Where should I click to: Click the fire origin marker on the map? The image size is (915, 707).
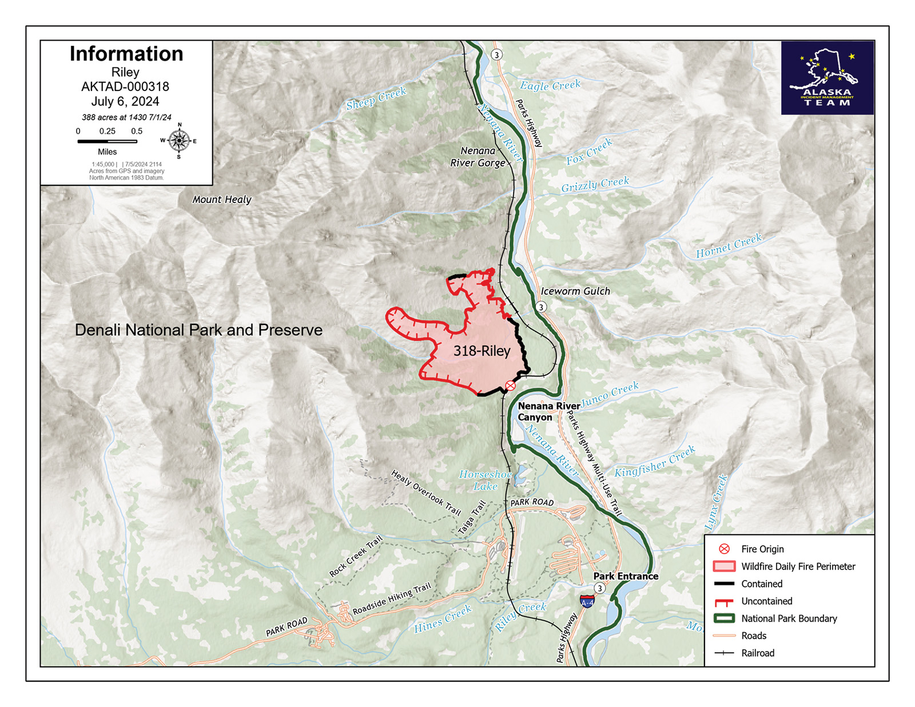point(511,386)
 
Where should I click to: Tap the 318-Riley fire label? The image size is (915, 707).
point(482,351)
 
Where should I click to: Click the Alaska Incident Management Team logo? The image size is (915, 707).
point(827,78)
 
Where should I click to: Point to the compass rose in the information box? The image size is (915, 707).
point(179,141)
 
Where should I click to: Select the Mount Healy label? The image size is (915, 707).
point(222,200)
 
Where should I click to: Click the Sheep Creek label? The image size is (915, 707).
point(376,98)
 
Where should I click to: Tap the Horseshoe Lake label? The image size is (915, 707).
point(486,480)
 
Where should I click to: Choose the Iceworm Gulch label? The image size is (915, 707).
point(575,291)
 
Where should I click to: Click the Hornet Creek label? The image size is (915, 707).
point(729,246)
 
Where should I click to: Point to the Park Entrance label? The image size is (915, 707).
point(626,576)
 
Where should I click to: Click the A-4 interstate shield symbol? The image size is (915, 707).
point(587,602)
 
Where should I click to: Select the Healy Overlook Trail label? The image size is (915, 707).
point(426,492)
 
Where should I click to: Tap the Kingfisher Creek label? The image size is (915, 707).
point(655,462)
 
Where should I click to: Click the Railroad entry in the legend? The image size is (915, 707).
point(757,653)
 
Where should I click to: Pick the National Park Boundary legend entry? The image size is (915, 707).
point(789,618)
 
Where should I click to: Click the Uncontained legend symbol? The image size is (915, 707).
point(724,602)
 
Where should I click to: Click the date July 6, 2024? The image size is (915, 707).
point(125,102)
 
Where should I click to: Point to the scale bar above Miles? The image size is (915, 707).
point(107,141)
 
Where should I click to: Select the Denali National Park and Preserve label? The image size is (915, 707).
point(198,330)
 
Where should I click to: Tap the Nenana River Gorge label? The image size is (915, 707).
point(478,157)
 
